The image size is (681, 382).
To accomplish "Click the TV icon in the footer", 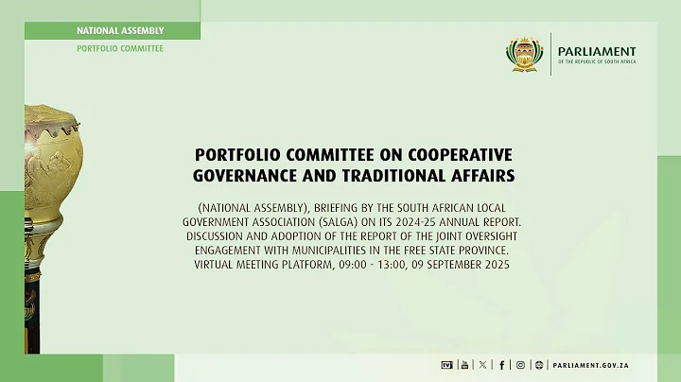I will pos(447,364).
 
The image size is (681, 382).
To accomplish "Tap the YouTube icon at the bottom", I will pos(464,364).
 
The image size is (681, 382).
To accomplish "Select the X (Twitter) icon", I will pos(483,364).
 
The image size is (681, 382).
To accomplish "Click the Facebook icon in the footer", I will pos(502,364).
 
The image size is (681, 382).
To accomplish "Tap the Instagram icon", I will pos(520,364).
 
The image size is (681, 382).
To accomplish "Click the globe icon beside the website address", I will pos(539,364).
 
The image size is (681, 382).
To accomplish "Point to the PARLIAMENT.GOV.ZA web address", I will pos(592,364).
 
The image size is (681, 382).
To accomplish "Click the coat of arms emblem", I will pos(524,54).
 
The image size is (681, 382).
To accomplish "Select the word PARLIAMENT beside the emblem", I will pos(597,51).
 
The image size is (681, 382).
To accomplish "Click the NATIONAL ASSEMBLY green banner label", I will pos(120,30).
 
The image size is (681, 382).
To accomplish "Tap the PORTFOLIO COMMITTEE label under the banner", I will pos(120,47).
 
